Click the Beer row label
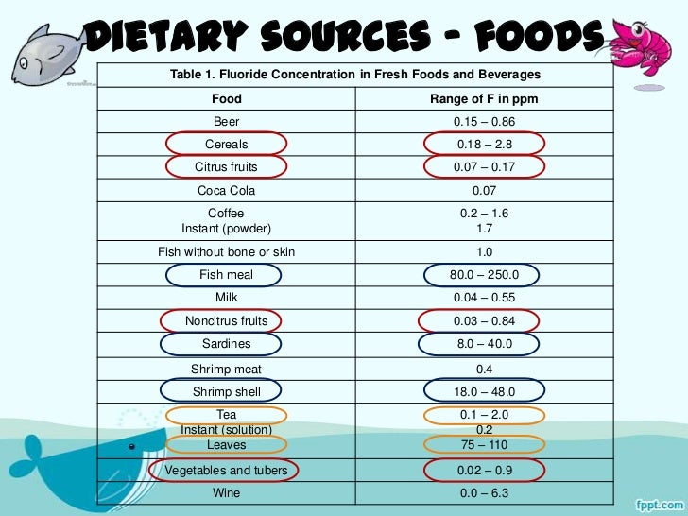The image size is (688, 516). click(227, 122)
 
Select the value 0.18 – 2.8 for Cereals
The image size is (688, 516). click(484, 144)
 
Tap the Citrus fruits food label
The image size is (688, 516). click(227, 167)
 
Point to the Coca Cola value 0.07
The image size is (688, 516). click(484, 191)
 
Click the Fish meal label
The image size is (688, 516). click(226, 275)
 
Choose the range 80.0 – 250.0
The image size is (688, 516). click(484, 275)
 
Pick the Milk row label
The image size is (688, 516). click(227, 298)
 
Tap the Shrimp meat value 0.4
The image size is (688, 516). click(484, 369)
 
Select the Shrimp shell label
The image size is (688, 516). click(227, 391)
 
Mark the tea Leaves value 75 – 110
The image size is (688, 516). click(484, 444)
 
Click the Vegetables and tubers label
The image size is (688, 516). click(227, 470)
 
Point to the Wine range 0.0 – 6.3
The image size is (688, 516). click(484, 493)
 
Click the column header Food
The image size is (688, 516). click(227, 98)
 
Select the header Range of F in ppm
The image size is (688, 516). click(484, 98)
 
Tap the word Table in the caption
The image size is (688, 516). click(185, 75)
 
